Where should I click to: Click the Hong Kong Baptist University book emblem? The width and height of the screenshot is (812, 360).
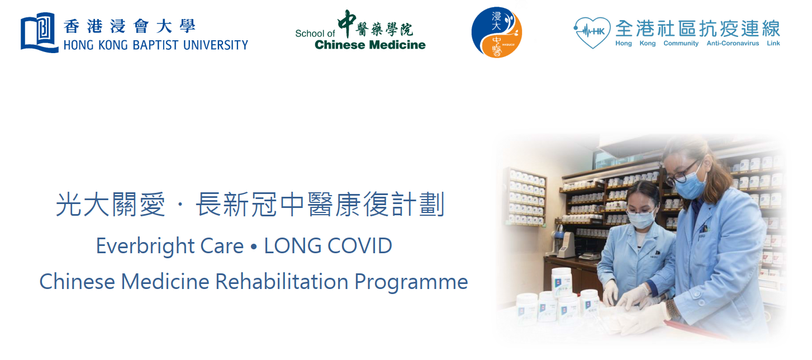point(39,32)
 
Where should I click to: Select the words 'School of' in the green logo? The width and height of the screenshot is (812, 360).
point(315,34)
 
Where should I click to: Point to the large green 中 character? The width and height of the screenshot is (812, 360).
point(346,23)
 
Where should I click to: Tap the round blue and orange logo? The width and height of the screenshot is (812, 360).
point(497,32)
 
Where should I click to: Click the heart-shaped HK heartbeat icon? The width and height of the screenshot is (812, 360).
point(592,32)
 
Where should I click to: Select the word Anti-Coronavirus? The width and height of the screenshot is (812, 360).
point(733,43)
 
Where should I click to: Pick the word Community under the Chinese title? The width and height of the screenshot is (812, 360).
point(681,44)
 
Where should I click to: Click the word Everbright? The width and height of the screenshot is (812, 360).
point(145,246)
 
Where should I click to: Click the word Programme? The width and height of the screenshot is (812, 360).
point(411,282)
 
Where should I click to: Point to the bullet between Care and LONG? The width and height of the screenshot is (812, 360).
point(253,247)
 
